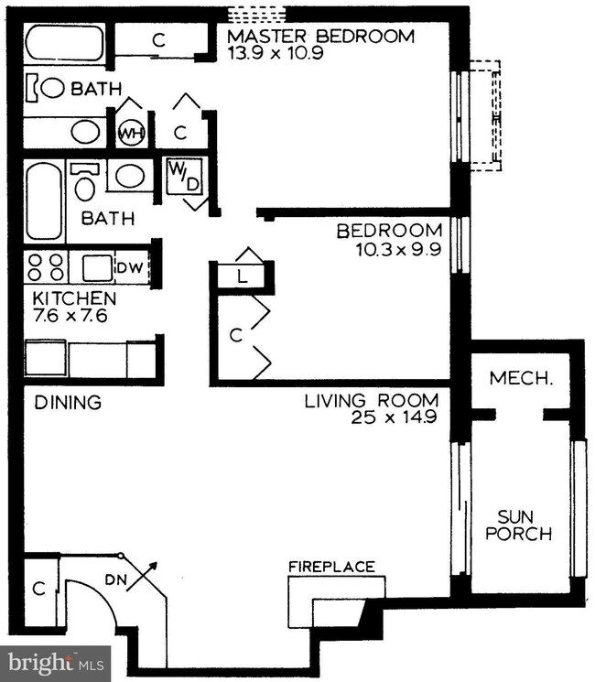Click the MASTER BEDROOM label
(321, 36)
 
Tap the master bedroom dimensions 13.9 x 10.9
(276, 53)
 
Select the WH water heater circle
(131, 133)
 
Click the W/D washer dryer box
(185, 177)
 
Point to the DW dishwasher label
(130, 268)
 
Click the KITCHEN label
(75, 298)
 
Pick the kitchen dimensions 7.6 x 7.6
(70, 315)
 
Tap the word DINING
(68, 402)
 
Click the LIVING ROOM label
(372, 401)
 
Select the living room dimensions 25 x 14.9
(394, 417)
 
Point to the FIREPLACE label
(332, 567)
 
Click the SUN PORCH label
(518, 525)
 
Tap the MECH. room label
(522, 378)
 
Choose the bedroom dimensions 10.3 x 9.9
(399, 250)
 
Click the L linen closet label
(242, 276)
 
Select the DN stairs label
(115, 579)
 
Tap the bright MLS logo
(55, 664)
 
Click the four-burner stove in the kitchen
(46, 267)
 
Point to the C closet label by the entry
(38, 589)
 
